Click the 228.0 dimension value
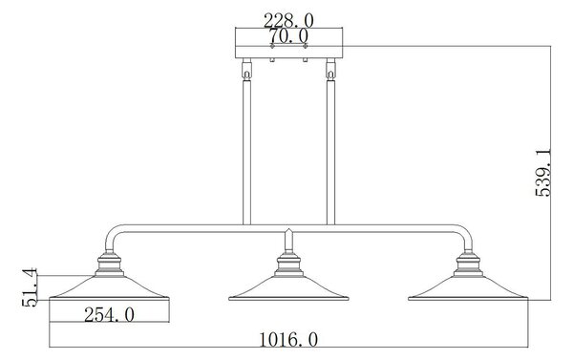tap(288, 20)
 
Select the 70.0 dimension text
tap(288, 36)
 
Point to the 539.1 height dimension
tap(543, 173)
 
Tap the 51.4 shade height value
tap(30, 287)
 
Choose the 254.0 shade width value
tap(109, 315)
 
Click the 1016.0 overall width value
tap(288, 340)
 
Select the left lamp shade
tap(109, 288)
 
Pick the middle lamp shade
tap(288, 288)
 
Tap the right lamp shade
tap(468, 288)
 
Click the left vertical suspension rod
tap(247, 152)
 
